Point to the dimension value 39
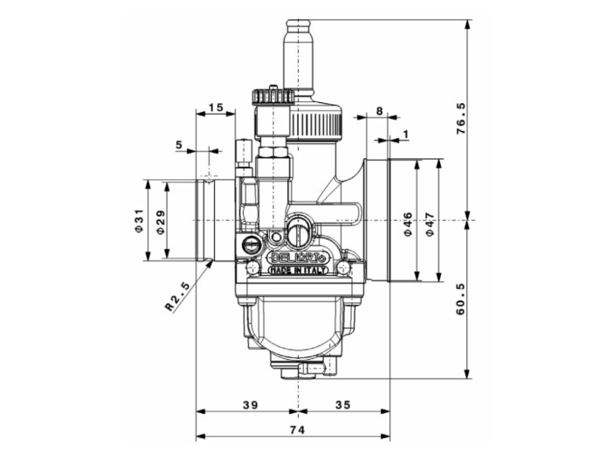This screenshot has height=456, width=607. click(249, 404)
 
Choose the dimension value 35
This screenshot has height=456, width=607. click(341, 404)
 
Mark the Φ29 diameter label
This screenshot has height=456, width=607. click(159, 220)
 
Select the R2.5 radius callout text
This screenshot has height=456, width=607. click(177, 295)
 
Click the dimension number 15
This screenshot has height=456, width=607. click(216, 107)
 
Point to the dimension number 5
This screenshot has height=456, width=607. click(178, 143)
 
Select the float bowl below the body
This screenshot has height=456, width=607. click(297, 328)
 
